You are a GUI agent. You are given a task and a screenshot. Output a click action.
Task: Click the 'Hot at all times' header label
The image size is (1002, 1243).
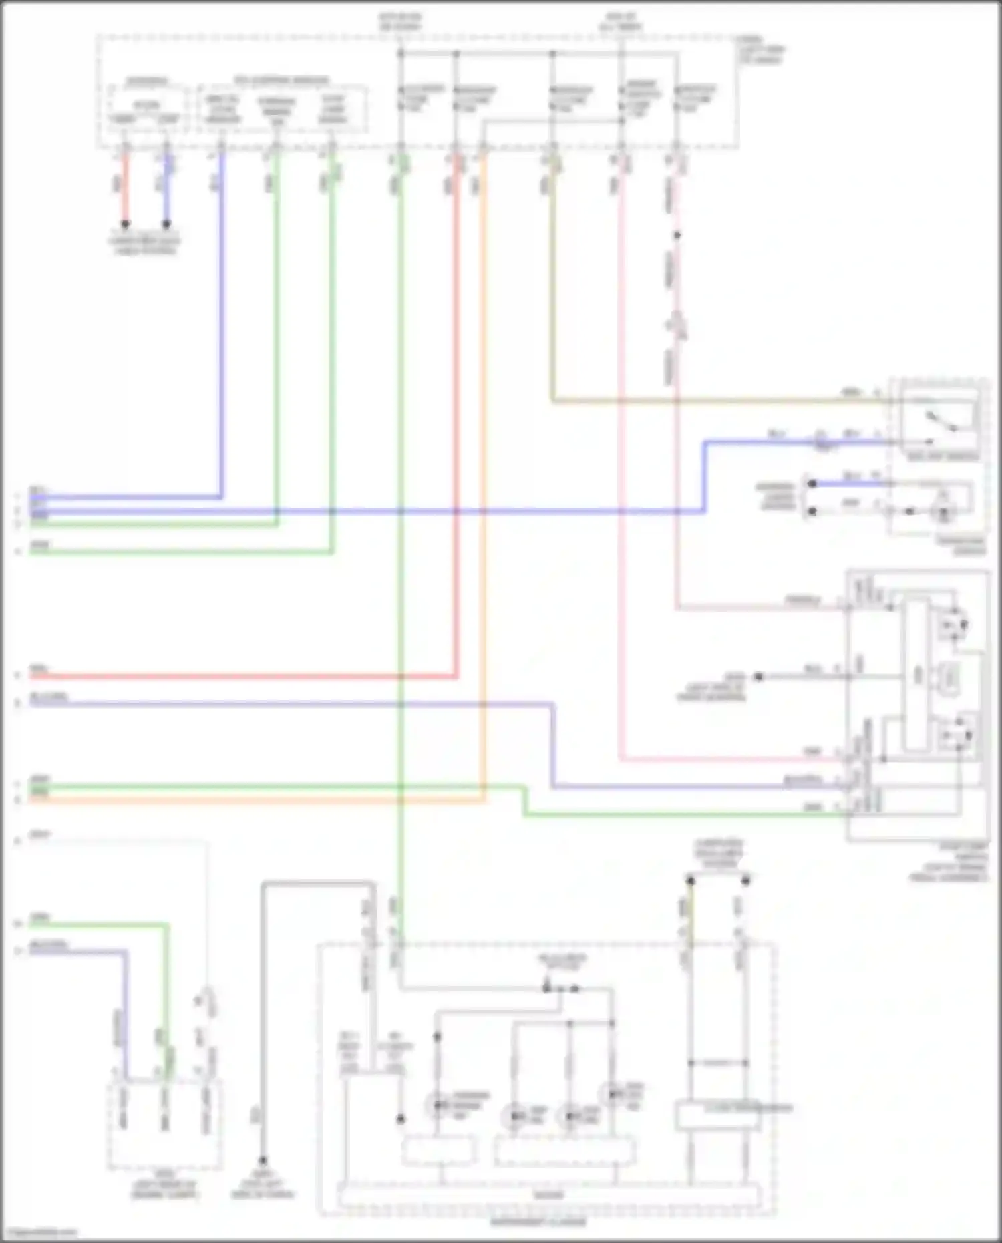pos(622,22)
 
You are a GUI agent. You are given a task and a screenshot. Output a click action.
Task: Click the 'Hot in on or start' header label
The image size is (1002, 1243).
pos(400,22)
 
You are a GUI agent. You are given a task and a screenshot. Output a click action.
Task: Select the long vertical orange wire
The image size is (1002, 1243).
pos(484,468)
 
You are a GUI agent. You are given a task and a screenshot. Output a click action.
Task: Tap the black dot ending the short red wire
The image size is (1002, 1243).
pos(125,224)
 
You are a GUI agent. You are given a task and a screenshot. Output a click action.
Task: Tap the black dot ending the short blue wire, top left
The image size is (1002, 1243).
pos(166,224)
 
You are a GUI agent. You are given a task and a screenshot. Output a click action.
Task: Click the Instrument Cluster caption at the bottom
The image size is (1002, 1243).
pos(538,1222)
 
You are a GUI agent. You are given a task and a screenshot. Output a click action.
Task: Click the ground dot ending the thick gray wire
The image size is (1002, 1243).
pos(263,1161)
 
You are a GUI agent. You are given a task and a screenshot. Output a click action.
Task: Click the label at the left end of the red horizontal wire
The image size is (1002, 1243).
pos(39,669)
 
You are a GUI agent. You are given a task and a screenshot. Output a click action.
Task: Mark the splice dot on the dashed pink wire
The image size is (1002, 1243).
pos(677,236)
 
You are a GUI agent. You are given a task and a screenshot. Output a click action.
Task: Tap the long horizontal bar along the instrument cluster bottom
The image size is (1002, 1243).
pos(548,1195)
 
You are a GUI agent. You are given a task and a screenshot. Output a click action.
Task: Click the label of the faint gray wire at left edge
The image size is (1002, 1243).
pos(40,835)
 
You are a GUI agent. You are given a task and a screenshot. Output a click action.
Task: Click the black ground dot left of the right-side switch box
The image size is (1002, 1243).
pos(758,677)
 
